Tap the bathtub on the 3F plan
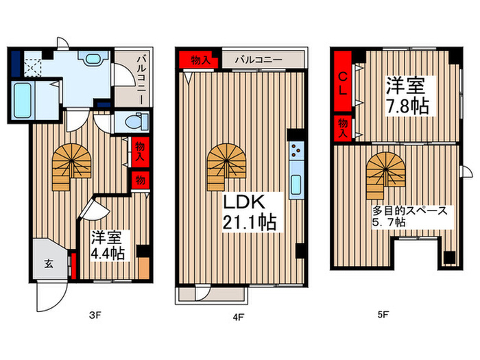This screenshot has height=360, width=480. point(23,101)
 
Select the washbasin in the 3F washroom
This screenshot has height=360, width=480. point(93,58)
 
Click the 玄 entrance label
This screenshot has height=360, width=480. point(49,263)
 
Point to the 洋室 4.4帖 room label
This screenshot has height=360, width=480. point(108,245)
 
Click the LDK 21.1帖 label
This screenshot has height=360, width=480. point(249,213)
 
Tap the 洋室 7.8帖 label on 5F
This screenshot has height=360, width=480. point(407,96)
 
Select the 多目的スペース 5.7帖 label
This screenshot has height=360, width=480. point(409,216)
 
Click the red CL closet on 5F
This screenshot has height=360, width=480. point(343,81)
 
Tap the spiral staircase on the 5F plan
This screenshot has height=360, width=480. point(385,176)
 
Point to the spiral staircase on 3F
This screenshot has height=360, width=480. point(71,167)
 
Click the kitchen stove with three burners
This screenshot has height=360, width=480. point(296,151)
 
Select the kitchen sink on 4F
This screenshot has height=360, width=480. point(296,184)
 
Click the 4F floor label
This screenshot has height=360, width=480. point(238,317)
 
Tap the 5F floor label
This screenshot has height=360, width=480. point(383,314)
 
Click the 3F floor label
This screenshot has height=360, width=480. point(95,315)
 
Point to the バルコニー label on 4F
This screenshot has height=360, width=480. point(259,60)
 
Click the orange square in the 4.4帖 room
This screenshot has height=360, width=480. point(143,267)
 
